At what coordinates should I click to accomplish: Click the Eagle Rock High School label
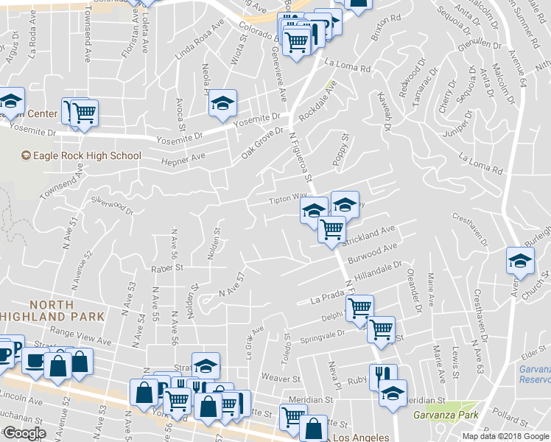click(x=81, y=155)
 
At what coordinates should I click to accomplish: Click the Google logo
click(x=24, y=433)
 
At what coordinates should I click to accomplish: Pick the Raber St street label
click(x=167, y=268)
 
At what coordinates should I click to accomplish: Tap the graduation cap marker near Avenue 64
click(x=520, y=262)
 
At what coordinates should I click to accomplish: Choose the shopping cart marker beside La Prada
click(x=359, y=309)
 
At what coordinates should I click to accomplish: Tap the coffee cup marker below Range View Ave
click(x=35, y=362)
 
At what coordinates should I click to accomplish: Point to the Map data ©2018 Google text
click(x=505, y=435)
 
